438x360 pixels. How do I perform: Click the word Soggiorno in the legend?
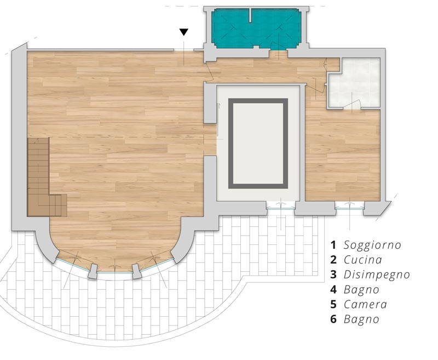pyautogui.click(x=372, y=245)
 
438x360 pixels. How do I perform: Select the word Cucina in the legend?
pyautogui.click(x=362, y=260)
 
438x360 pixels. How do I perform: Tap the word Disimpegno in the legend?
pyautogui.click(x=377, y=275)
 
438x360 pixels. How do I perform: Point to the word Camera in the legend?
pyautogui.click(x=365, y=304)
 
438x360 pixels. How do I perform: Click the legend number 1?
pyautogui.click(x=333, y=245)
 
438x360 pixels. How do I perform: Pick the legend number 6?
pyautogui.click(x=333, y=319)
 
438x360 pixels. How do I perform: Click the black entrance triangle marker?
pyautogui.click(x=183, y=32)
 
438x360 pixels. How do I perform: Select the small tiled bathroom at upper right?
pyautogui.click(x=354, y=83)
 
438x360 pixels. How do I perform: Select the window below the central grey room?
pyautogui.click(x=280, y=208)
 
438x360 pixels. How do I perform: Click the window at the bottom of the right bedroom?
pyautogui.click(x=349, y=208)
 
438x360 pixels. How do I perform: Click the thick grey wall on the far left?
pyautogui.click(x=19, y=137)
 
